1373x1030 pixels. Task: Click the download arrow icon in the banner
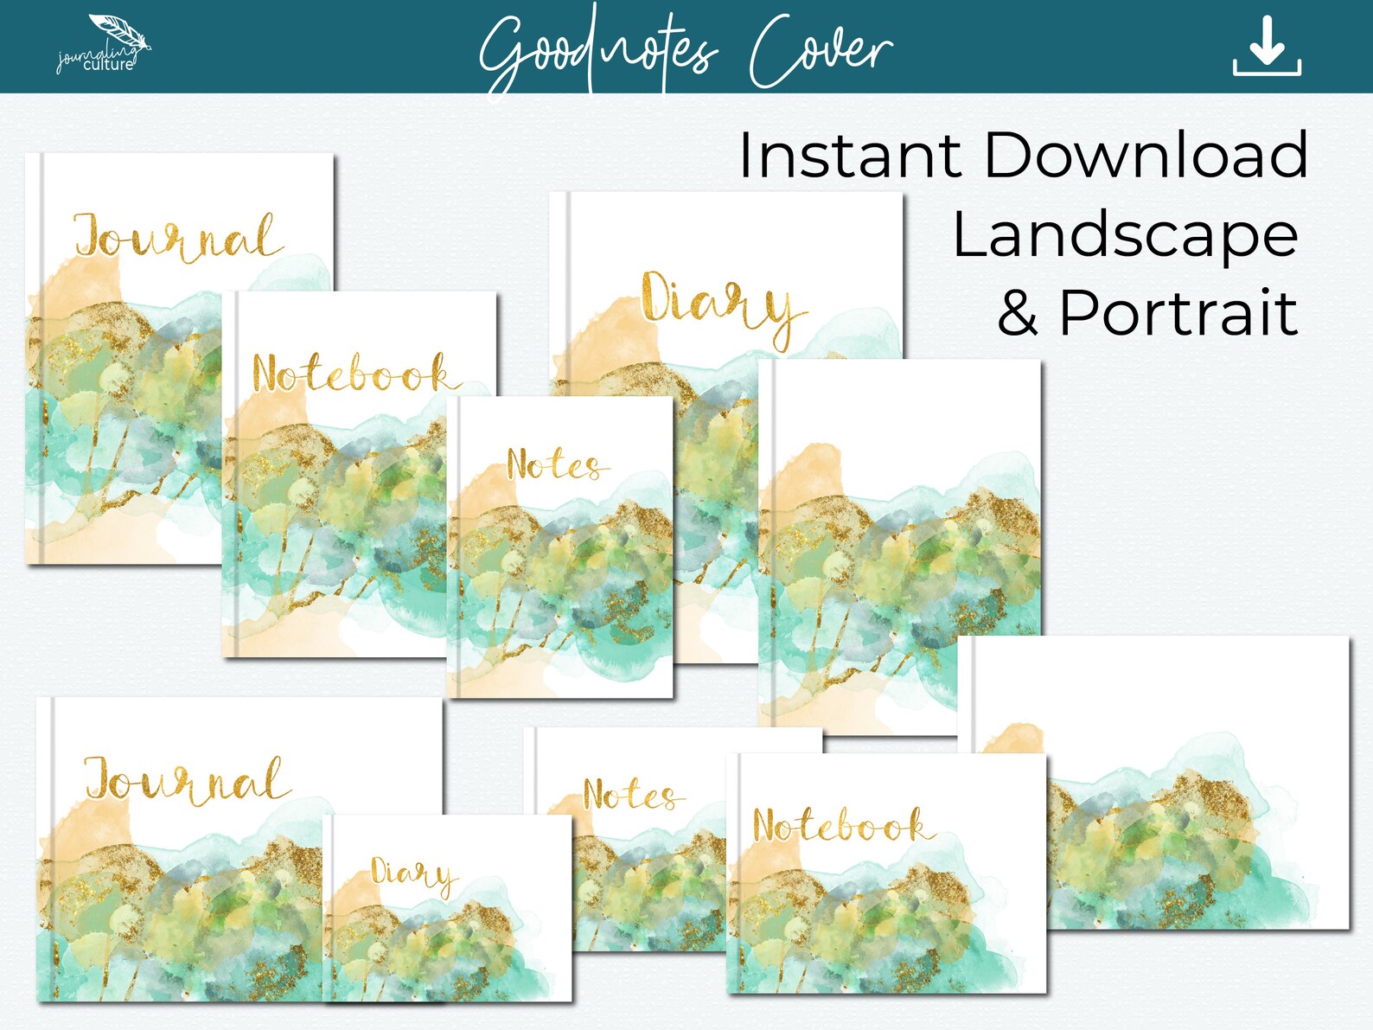click(1267, 47)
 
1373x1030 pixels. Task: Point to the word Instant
click(849, 156)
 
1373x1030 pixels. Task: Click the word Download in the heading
click(1146, 156)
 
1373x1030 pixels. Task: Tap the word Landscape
click(1125, 235)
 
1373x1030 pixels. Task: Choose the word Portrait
click(1178, 312)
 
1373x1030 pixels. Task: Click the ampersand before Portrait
click(1018, 314)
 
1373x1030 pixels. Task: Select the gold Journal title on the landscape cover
click(186, 779)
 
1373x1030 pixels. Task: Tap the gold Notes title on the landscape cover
click(631, 794)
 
